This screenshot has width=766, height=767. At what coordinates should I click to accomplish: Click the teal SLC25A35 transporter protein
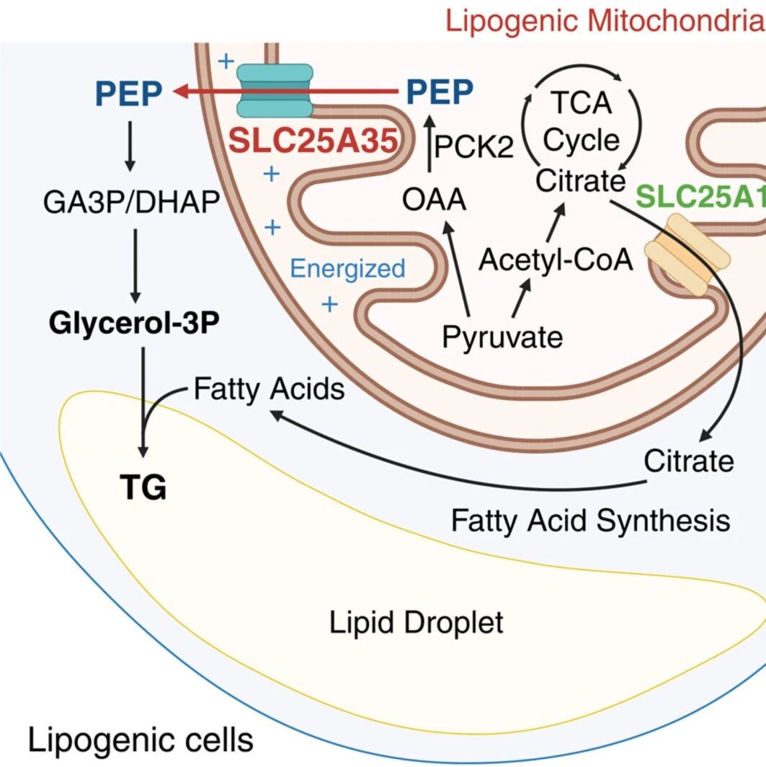275,91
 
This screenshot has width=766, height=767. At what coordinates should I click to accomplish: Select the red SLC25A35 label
313,141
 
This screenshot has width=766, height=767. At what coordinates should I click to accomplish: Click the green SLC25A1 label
700,196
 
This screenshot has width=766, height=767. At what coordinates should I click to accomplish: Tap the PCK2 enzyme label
473,146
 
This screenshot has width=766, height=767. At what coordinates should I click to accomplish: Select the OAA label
434,199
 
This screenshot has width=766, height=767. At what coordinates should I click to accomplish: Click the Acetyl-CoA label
556,260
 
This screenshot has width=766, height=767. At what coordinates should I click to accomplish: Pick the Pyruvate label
502,337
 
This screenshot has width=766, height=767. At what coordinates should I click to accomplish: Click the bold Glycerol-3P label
134,323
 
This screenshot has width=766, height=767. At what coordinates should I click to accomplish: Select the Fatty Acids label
270,389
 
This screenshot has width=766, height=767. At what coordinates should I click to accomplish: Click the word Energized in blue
347,269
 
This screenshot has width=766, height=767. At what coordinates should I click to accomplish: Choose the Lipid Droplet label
416,622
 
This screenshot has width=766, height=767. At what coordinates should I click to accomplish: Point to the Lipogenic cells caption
141,740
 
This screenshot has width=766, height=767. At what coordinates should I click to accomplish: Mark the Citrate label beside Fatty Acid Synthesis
688,461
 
